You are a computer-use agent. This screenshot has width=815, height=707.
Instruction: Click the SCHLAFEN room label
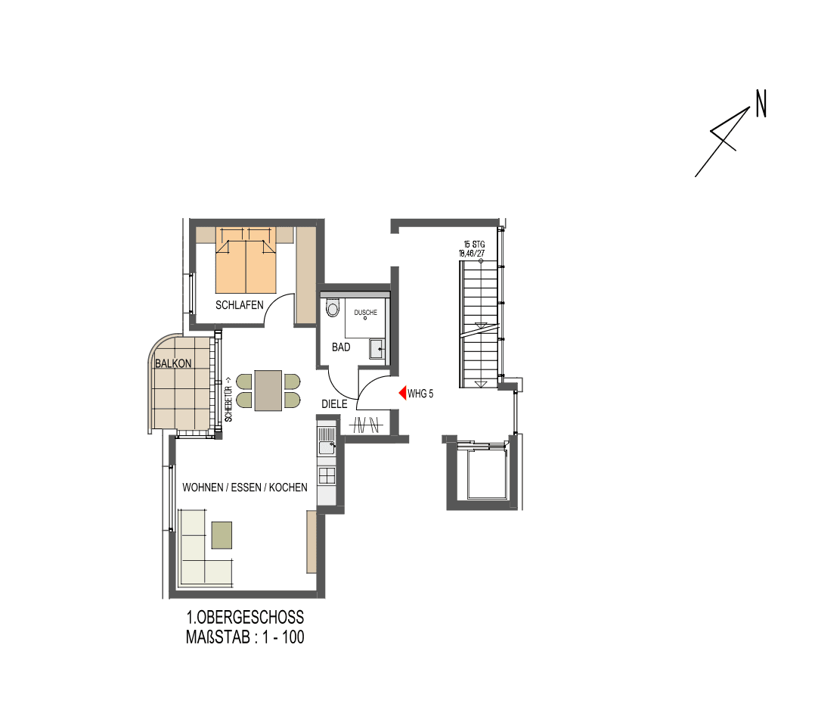pyautogui.click(x=240, y=305)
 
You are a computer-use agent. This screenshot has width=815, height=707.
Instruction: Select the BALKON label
pyautogui.click(x=173, y=363)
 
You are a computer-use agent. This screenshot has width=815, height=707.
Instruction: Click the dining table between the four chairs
pyautogui.click(x=268, y=390)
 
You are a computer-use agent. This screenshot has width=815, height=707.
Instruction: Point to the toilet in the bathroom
pyautogui.click(x=332, y=307)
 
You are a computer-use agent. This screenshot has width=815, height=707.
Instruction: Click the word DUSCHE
pyautogui.click(x=365, y=312)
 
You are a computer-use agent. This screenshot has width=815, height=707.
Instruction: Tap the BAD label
pyautogui.click(x=341, y=347)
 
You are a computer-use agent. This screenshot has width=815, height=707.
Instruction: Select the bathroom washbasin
pyautogui.click(x=377, y=348)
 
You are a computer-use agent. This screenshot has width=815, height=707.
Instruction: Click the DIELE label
pyautogui.click(x=334, y=404)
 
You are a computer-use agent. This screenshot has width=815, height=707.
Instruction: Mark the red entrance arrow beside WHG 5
pyautogui.click(x=403, y=394)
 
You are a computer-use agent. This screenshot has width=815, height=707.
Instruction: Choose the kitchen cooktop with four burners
pyautogui.click(x=327, y=475)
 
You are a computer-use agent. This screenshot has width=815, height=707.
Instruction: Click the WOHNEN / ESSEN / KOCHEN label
pyautogui.click(x=245, y=487)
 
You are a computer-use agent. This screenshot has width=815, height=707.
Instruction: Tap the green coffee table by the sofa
pyautogui.click(x=222, y=534)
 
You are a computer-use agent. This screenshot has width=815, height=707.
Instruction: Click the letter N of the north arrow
pyautogui.click(x=761, y=104)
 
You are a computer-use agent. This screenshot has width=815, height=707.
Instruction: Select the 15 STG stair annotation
pyautogui.click(x=474, y=244)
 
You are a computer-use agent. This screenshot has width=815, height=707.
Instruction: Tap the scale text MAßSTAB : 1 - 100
pyautogui.click(x=245, y=637)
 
